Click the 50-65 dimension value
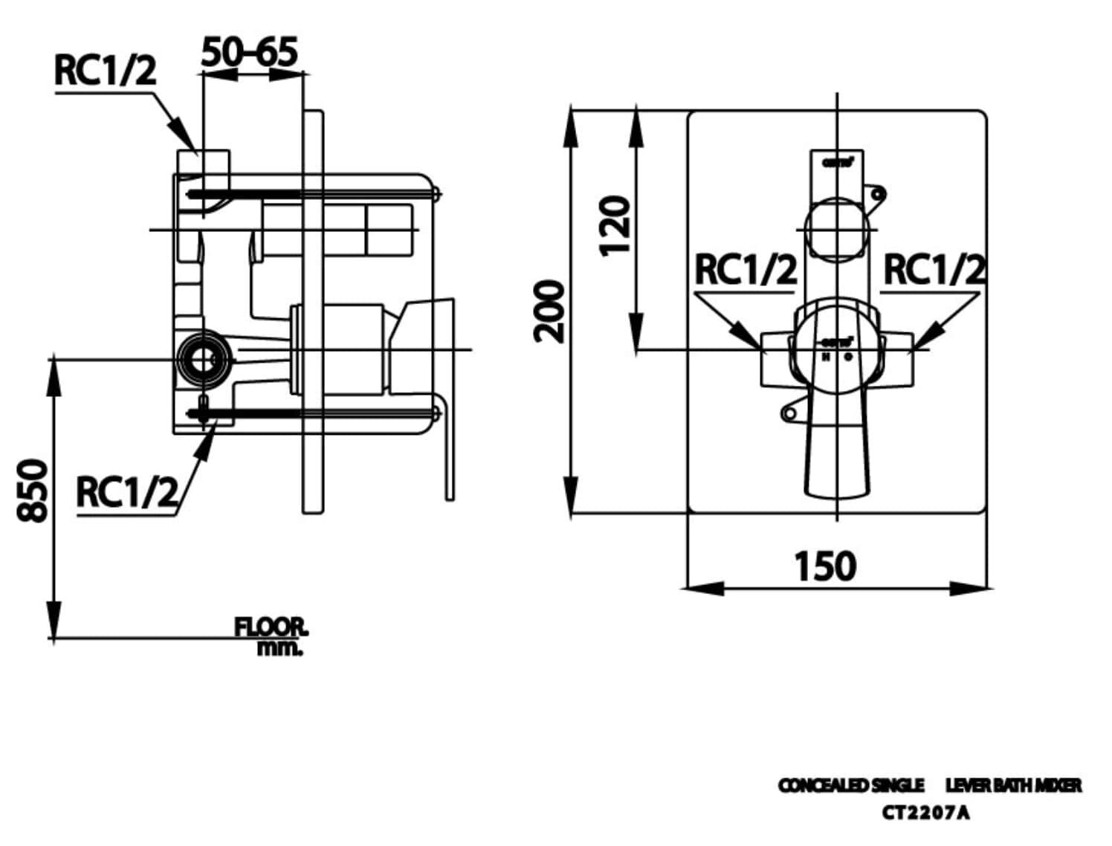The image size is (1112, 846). click(x=250, y=52)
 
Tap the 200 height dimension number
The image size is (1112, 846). click(x=549, y=311)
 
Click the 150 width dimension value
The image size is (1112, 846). click(x=825, y=566)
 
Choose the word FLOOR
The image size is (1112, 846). click(x=271, y=627)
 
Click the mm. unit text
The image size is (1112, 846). click(x=280, y=648)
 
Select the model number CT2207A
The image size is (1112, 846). click(x=925, y=813)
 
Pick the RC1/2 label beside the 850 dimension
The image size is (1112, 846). click(x=127, y=492)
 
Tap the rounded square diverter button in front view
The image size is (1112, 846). click(x=837, y=228)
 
